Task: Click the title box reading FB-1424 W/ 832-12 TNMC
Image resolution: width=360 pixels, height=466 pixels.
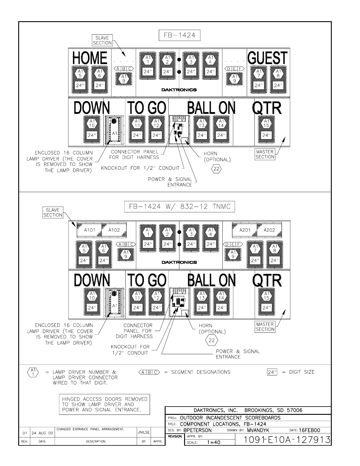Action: (x=180, y=207)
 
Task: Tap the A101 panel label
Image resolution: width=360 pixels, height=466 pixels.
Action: (x=90, y=230)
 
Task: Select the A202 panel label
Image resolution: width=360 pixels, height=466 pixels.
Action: (x=269, y=230)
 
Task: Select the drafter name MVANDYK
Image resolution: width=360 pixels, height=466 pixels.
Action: (x=258, y=430)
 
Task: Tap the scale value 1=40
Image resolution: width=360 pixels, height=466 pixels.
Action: (x=214, y=442)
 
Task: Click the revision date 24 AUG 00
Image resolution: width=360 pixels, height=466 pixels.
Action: (x=42, y=433)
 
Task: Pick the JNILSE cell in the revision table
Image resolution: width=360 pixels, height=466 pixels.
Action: (x=144, y=432)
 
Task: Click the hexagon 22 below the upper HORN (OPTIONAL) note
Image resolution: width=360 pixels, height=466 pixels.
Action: (x=216, y=169)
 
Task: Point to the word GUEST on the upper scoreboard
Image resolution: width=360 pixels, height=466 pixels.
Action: (x=267, y=58)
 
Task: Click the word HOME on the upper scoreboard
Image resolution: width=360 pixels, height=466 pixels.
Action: (x=90, y=58)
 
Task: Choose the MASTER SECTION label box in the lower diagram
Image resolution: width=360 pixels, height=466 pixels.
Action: (x=265, y=327)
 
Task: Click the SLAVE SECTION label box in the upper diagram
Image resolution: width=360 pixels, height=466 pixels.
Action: (x=102, y=40)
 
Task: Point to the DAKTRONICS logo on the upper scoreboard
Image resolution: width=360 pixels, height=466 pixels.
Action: (x=179, y=90)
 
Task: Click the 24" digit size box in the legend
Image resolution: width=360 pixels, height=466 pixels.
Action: (x=272, y=372)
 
